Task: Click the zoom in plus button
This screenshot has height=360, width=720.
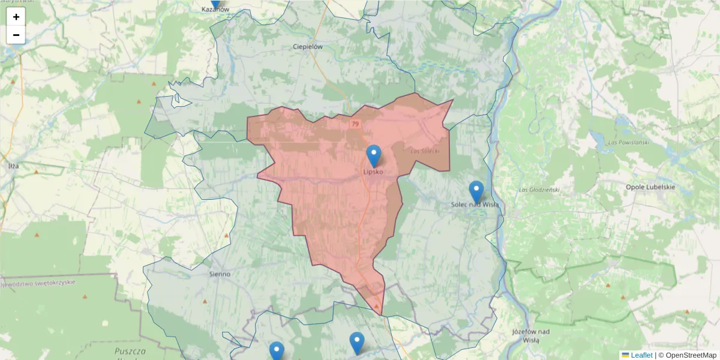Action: [x=16, y=17]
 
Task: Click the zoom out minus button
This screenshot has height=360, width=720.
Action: [x=16, y=35]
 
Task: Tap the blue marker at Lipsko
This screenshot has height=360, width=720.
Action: [x=374, y=155]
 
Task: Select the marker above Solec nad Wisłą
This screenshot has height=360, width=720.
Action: [x=476, y=191]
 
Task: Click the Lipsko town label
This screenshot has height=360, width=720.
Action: [x=373, y=172]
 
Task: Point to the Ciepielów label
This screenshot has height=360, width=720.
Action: [x=308, y=46]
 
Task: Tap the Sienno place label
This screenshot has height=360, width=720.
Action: [x=220, y=274]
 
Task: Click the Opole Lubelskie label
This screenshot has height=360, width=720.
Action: [x=650, y=187]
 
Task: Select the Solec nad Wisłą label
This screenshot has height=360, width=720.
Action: [x=475, y=205]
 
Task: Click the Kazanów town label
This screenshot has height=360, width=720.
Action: [x=215, y=10]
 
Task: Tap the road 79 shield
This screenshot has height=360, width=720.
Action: [x=355, y=124]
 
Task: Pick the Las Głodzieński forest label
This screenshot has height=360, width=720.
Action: [x=539, y=190]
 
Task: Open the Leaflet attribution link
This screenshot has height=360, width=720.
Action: [x=641, y=355]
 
